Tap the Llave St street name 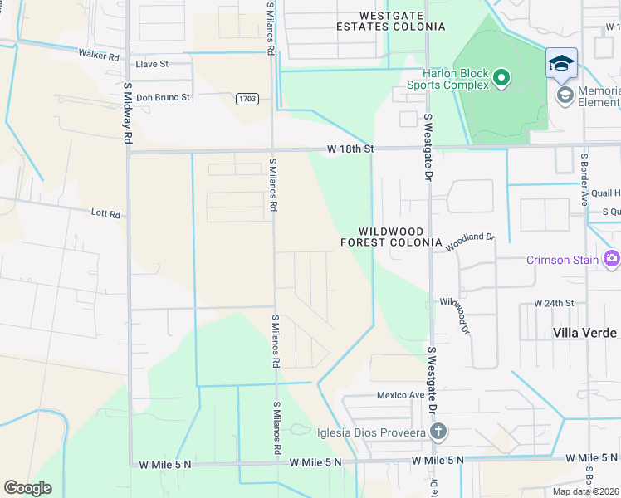[152, 63]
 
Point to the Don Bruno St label [163, 96]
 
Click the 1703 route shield [247, 99]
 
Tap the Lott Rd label [105, 213]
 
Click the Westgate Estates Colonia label [402, 21]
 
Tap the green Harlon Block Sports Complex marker [501, 79]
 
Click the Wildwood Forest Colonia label [392, 237]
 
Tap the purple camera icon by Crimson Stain [612, 259]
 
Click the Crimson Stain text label [562, 260]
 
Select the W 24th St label [554, 304]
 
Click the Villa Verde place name [584, 332]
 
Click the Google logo [27, 488]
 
